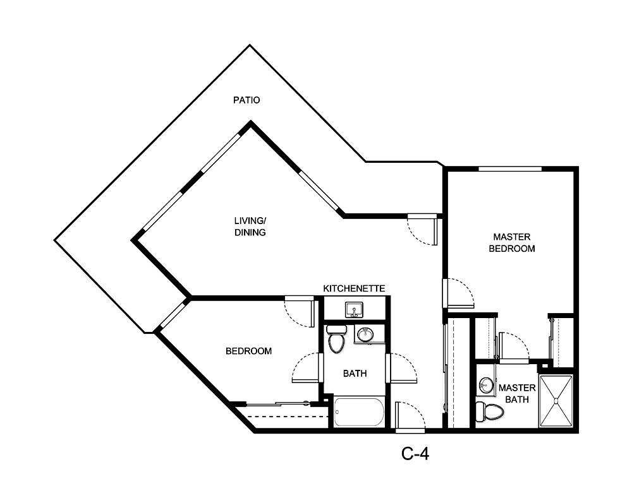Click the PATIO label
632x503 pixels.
tap(246, 100)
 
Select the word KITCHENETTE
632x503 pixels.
tap(354, 288)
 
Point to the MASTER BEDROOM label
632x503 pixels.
tap(512, 242)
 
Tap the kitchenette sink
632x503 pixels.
tap(353, 310)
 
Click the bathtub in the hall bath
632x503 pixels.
tap(358, 413)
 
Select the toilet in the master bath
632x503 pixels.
tap(489, 411)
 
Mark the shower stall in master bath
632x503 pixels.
tap(555, 401)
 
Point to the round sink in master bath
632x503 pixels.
tap(485, 384)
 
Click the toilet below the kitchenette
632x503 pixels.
tap(336, 339)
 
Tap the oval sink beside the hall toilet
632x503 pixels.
tap(365, 334)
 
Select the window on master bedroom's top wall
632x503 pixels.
tap(509, 169)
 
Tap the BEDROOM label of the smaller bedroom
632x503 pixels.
tap(249, 351)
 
